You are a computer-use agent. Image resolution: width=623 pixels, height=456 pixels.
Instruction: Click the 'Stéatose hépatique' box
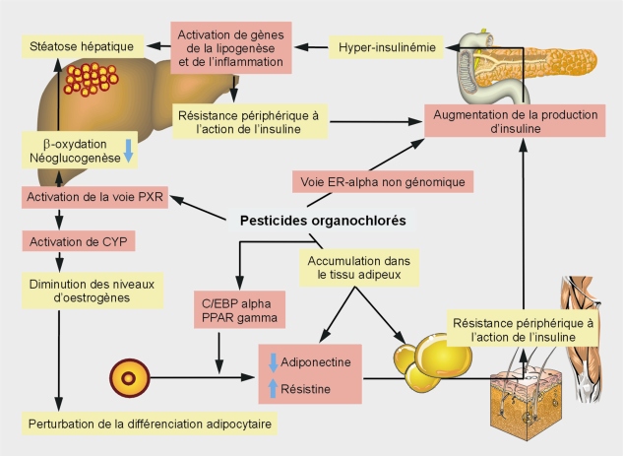pyautogui.click(x=83, y=46)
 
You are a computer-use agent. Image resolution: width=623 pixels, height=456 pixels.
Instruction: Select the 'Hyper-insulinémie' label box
pyautogui.click(x=386, y=47)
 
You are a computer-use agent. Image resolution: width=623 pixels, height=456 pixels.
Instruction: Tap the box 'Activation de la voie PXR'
pyautogui.click(x=94, y=197)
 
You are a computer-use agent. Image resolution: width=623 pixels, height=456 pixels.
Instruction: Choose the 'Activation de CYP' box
pyautogui.click(x=79, y=241)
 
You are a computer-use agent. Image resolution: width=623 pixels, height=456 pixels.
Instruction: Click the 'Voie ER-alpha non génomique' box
pyautogui.click(x=383, y=182)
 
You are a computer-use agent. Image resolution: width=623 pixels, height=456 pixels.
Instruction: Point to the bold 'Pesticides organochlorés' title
pyautogui.click(x=323, y=221)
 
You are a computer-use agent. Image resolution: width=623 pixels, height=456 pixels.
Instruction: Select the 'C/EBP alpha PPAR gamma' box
pyautogui.click(x=239, y=309)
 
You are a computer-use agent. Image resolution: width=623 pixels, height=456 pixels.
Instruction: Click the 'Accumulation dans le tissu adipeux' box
pyautogui.click(x=359, y=268)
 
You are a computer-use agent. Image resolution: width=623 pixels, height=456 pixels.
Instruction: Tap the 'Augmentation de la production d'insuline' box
pyautogui.click(x=515, y=121)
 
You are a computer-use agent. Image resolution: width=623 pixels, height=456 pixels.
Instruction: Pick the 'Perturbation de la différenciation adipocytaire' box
pyautogui.click(x=150, y=423)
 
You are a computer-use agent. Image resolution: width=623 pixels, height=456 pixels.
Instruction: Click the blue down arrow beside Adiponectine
pyautogui.click(x=273, y=362)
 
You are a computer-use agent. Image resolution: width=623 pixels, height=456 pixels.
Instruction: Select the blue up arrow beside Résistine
pyautogui.click(x=273, y=388)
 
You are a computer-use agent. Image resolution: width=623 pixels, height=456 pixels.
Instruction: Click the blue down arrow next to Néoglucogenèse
pyautogui.click(x=128, y=151)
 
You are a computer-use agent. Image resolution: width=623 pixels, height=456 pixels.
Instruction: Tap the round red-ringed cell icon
pyautogui.click(x=130, y=378)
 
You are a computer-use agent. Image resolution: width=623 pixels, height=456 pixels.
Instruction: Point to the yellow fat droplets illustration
pyautogui.click(x=432, y=362)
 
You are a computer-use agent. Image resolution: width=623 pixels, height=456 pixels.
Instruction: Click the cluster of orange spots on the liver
pyautogui.click(x=91, y=80)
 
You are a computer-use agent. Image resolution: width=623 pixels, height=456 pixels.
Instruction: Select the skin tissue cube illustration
pyautogui.click(x=526, y=402)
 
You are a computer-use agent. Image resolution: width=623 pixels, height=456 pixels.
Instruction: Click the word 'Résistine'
pyautogui.click(x=305, y=389)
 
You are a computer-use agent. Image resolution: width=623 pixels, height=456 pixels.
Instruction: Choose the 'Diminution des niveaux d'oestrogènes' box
pyautogui.click(x=93, y=291)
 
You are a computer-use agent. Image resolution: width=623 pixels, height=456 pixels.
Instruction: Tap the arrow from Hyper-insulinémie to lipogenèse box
pyautogui.click(x=311, y=47)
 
